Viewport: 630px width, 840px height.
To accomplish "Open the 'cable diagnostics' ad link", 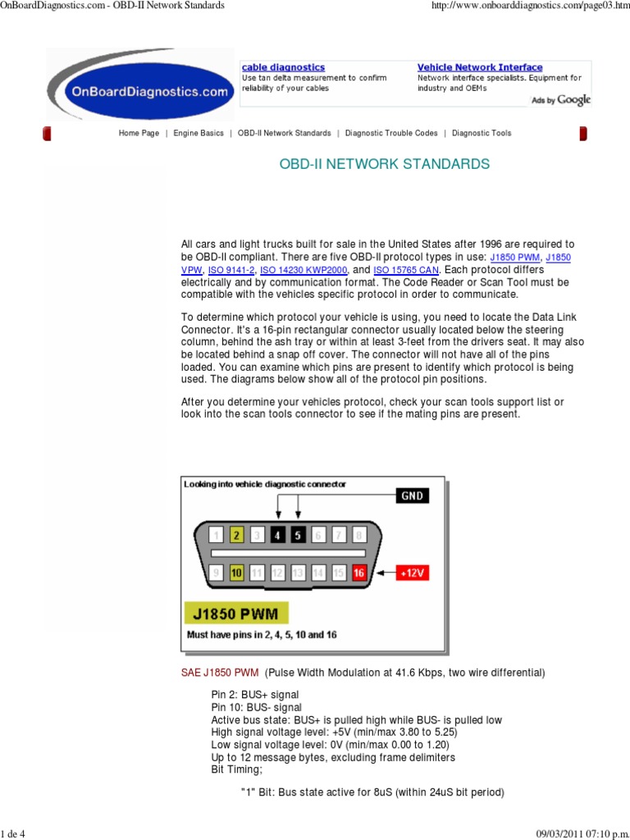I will click(283, 67).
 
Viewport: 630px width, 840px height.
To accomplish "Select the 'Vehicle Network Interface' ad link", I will click(480, 67).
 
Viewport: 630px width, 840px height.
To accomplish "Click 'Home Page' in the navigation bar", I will click(139, 133).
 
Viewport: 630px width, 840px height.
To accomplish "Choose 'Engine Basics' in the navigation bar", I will click(199, 133).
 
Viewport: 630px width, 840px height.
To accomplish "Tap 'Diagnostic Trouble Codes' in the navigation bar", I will click(391, 133).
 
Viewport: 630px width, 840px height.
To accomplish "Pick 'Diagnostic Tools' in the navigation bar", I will click(482, 133).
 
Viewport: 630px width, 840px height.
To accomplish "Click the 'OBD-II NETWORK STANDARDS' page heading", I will click(385, 164).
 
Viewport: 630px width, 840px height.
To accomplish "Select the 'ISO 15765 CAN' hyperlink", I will click(407, 270).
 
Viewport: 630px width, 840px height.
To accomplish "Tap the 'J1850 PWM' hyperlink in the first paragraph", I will click(515, 258).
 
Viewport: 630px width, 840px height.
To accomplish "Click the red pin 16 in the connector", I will click(358, 573).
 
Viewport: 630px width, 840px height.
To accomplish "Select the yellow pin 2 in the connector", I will click(236, 535).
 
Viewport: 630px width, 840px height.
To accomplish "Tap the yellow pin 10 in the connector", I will click(236, 573).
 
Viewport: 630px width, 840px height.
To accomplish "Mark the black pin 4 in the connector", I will click(277, 535).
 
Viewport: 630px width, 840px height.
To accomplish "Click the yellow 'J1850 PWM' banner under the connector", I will click(236, 614).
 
